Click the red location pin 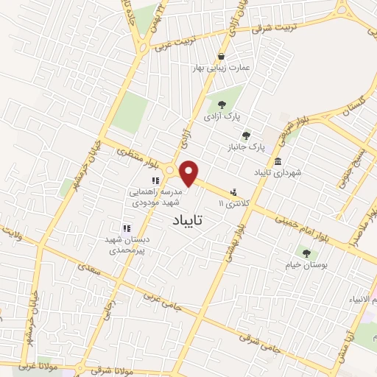(189, 173)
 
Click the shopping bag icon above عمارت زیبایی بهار (221, 56)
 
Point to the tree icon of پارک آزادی (222, 104)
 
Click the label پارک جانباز (247, 147)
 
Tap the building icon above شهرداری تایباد (278, 162)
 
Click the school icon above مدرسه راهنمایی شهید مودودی (155, 180)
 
